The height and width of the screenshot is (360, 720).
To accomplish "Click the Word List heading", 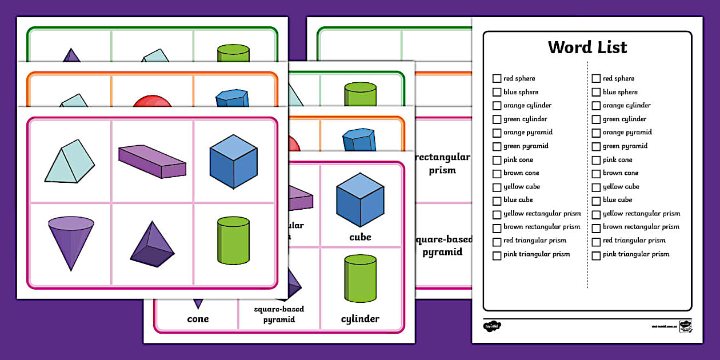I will [587, 47].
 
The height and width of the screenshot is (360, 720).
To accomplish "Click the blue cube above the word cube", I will [360, 200].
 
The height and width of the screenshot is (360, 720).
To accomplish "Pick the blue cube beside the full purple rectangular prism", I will [233, 161].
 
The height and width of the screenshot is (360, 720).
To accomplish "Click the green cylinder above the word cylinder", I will [361, 278].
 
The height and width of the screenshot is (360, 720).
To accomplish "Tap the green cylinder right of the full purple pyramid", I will [234, 240].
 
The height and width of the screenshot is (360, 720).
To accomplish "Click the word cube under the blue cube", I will [360, 237].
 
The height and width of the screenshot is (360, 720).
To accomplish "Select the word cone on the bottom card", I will [198, 319].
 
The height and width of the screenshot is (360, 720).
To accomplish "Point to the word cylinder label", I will [360, 319].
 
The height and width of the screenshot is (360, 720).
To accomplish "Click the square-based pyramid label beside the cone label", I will [279, 314].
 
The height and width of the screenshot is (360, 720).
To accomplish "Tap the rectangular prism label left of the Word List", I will [442, 163].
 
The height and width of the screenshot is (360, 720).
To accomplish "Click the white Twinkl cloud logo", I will [492, 326].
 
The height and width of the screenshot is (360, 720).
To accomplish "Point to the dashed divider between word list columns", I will [587, 171].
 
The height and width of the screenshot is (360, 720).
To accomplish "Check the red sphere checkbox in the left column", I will [497, 78].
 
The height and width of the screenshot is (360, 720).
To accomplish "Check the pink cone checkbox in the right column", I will [596, 160].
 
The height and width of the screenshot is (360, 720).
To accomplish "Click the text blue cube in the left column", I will [518, 200].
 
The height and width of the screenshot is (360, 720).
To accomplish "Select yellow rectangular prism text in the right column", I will [641, 214].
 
